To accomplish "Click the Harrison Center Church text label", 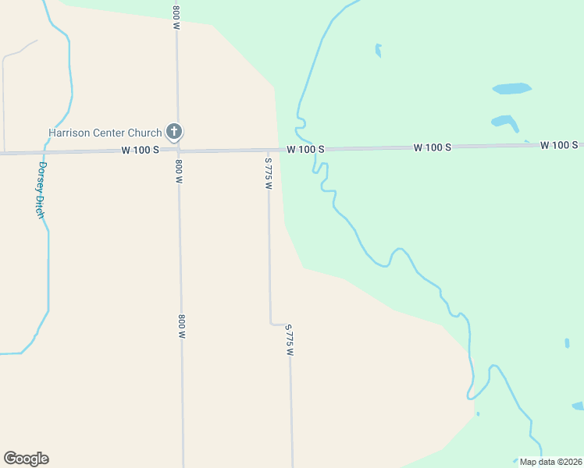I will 105,133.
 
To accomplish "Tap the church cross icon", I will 174,132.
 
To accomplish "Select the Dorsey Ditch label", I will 42,190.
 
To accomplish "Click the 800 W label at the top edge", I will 176,16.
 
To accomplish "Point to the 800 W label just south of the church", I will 179,171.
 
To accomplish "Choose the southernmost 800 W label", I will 181,325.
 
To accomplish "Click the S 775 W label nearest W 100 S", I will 268,172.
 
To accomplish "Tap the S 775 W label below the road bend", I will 289,340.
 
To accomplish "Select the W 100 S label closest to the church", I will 141,150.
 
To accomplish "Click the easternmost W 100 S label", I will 559,145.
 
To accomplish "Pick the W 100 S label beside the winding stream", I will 305,149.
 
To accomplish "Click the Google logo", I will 26,459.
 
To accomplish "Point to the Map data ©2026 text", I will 550,461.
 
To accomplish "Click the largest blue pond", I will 511,88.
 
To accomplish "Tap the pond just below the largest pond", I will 504,122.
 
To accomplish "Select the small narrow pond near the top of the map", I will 379,51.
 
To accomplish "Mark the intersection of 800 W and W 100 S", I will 178,151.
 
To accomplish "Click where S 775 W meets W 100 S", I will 268,150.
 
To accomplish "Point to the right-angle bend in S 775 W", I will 272,323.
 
